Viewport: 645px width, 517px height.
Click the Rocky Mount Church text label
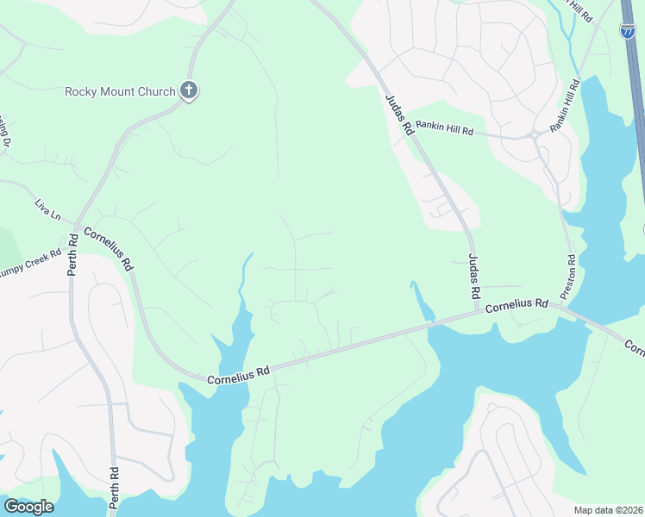pos(120,91)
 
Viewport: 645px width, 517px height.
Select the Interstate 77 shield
pos(628,30)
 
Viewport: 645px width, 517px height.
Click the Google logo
pos(28,507)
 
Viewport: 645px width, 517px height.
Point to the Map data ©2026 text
pos(607,510)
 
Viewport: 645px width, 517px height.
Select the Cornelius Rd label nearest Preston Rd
pos(517,306)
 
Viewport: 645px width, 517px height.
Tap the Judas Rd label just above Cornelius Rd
pos(474,276)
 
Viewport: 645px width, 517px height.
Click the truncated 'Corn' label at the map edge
pos(634,347)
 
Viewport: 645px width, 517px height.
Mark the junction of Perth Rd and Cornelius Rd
pos(76,229)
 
